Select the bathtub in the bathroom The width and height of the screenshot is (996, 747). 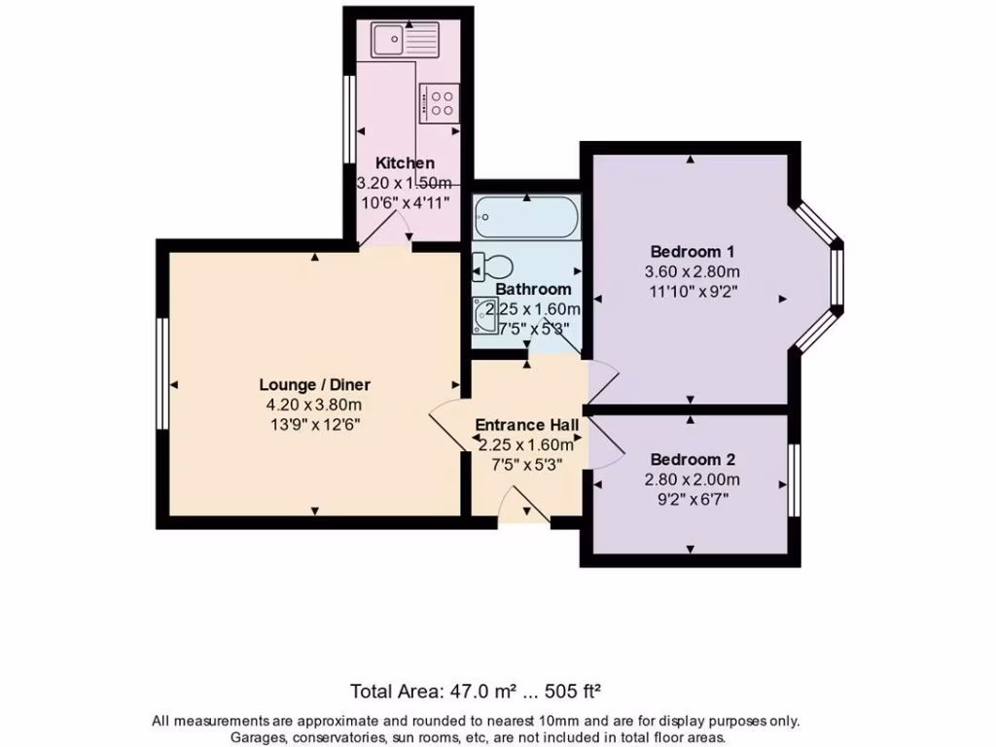point(526,218)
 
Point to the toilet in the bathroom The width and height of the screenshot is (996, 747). point(492,266)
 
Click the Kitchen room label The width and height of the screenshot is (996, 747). point(405,163)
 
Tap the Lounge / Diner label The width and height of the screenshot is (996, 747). point(314,384)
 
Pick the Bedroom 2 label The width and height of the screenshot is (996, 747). point(694,459)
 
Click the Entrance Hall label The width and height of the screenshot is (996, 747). point(526,425)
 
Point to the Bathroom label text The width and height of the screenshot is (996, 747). point(533,289)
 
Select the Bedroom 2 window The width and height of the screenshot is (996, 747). point(794,480)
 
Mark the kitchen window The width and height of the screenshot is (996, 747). point(349,119)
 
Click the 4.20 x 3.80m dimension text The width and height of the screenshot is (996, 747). point(314,405)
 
